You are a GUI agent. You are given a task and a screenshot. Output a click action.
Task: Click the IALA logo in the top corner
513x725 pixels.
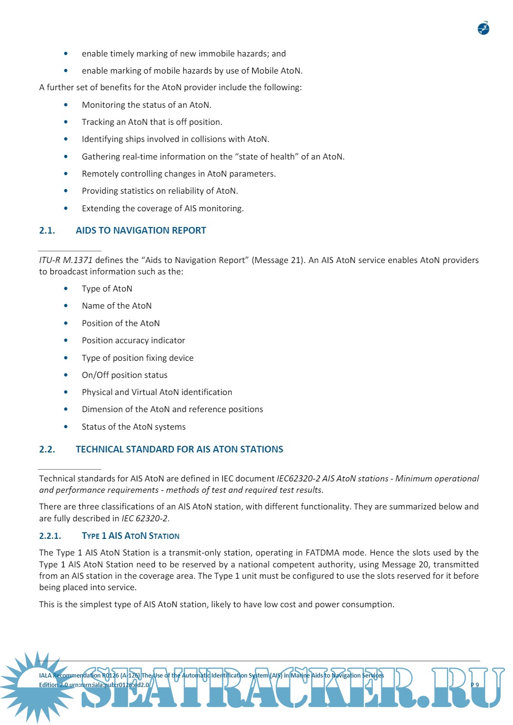tap(483, 28)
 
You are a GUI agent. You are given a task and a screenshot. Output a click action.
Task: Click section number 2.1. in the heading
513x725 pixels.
tap(47, 231)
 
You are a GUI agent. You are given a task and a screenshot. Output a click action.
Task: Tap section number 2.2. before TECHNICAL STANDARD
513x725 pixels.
tap(47, 450)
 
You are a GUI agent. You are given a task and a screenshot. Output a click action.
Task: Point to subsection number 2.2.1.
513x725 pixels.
tap(50, 536)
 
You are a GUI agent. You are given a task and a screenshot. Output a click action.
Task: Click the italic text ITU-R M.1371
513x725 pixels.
tap(66, 260)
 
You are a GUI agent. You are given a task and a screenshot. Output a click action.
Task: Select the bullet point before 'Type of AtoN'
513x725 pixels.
tap(66, 289)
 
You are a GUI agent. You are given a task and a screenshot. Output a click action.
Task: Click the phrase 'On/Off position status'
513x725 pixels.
tap(124, 375)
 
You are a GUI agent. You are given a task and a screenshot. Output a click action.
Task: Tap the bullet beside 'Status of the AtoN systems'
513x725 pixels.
tap(66, 427)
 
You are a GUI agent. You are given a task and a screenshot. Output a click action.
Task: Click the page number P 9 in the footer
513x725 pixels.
tap(475, 685)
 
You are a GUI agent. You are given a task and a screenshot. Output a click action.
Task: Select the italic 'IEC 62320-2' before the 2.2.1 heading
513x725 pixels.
tap(144, 518)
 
